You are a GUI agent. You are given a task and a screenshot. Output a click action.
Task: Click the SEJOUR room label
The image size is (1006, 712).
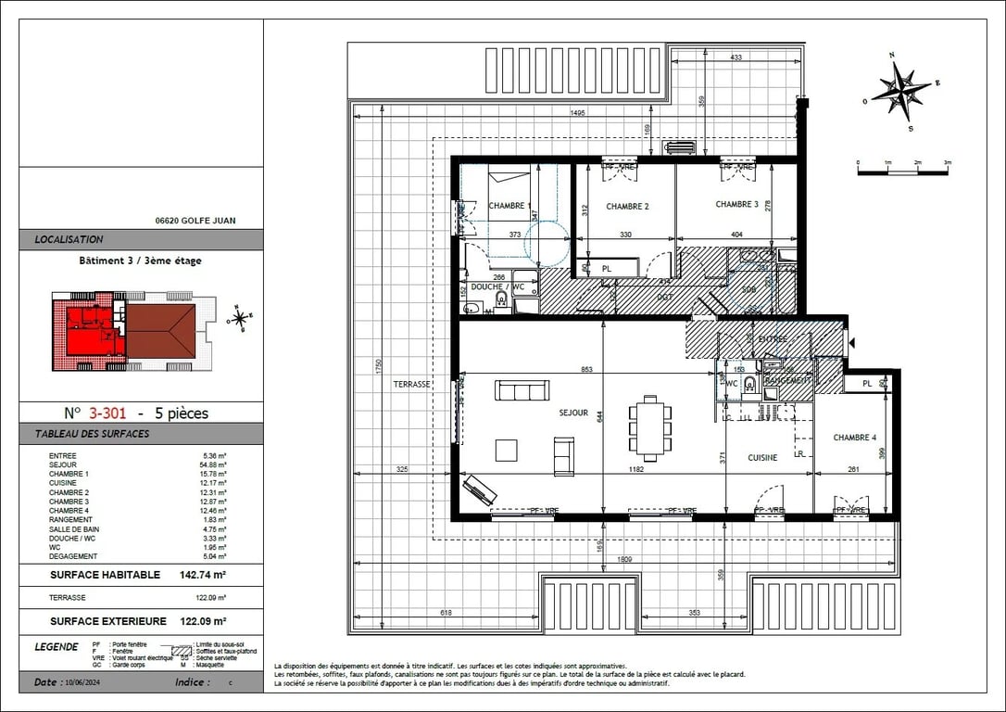(x=573, y=413)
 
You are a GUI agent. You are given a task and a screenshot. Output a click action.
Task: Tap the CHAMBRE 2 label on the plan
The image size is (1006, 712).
(x=627, y=206)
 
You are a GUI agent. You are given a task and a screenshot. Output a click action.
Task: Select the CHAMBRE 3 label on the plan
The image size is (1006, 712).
(x=736, y=204)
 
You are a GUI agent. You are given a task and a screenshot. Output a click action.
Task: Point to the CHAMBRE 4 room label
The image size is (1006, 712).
(x=854, y=438)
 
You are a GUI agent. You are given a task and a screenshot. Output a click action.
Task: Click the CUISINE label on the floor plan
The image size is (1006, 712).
(x=763, y=458)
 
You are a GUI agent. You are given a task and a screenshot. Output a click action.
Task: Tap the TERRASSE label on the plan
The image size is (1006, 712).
(x=411, y=384)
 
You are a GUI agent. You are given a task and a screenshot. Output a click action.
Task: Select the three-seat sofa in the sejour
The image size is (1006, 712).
(x=522, y=390)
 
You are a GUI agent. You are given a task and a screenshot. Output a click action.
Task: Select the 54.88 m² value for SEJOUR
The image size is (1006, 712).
(x=215, y=464)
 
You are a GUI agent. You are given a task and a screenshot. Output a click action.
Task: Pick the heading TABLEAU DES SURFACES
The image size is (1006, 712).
(x=92, y=434)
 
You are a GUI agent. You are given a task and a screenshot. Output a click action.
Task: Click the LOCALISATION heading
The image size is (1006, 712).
(x=69, y=239)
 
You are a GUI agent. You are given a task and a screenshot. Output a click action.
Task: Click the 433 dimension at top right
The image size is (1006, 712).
(x=736, y=58)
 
